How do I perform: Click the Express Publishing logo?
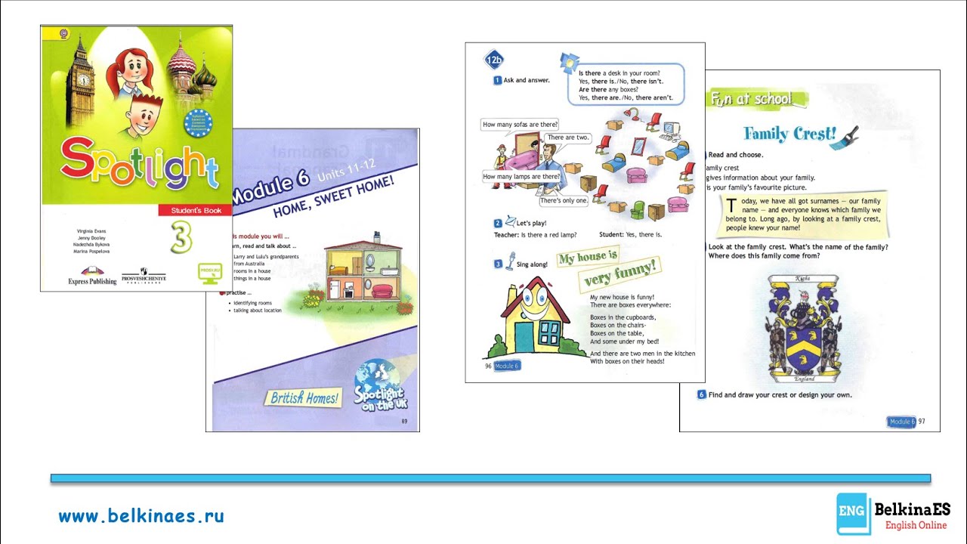[x=92, y=277]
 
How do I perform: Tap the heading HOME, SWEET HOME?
[x=333, y=196]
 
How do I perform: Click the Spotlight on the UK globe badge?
[x=378, y=385]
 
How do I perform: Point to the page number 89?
[x=404, y=421]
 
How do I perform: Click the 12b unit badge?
[x=494, y=60]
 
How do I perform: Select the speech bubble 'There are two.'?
[x=567, y=138]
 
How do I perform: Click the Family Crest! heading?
[x=789, y=134]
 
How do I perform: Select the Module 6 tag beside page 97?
[x=901, y=422]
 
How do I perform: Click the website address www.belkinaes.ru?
[x=141, y=517]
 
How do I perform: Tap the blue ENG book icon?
[x=853, y=515]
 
